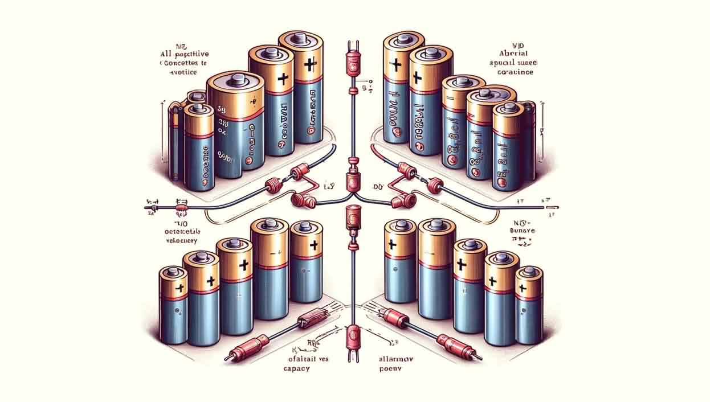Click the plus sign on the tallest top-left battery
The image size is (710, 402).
coord(308,65)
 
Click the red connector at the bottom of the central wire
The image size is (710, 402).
coord(352,333)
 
